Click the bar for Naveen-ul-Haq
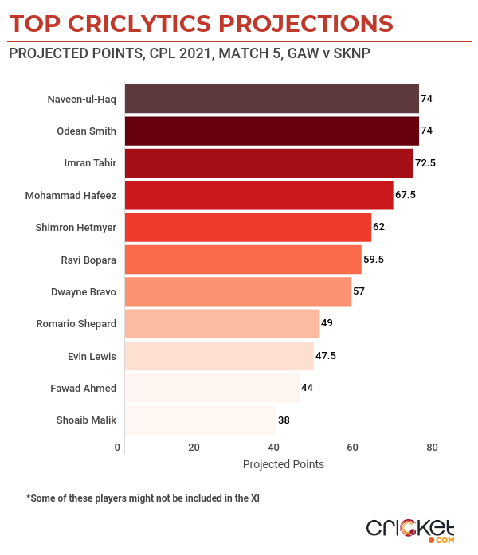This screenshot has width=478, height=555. pyautogui.click(x=272, y=99)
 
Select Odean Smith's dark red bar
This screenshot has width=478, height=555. pyautogui.click(x=272, y=131)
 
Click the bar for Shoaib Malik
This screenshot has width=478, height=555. pyautogui.click(x=200, y=420)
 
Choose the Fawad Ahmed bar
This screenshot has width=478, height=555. pyautogui.click(x=212, y=388)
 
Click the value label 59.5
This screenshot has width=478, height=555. pyautogui.click(x=374, y=259)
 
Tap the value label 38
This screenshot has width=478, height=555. pyautogui.click(x=284, y=420)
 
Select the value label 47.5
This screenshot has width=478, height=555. pyautogui.click(x=327, y=356)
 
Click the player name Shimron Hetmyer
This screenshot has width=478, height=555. pyautogui.click(x=76, y=228)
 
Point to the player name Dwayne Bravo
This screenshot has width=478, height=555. pyautogui.click(x=84, y=291)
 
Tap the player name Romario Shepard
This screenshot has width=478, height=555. pyautogui.click(x=76, y=324)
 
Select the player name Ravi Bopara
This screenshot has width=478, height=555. pyautogui.click(x=88, y=260)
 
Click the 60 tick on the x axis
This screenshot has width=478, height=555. pyautogui.click(x=352, y=448)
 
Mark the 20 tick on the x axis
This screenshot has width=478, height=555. pyautogui.click(x=194, y=448)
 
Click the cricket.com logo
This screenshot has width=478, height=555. pyautogui.click(x=409, y=529)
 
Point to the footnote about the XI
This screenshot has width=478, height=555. pyautogui.click(x=144, y=498)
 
